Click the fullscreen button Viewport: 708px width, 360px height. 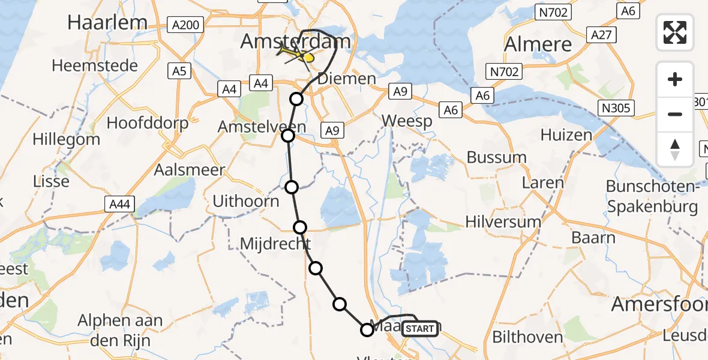pos(675,32)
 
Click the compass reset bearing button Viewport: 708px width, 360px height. pos(675,149)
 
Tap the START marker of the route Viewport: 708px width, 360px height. pos(419,329)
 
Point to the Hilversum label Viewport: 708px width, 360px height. pos(503,222)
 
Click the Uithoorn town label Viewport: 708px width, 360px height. pos(246,201)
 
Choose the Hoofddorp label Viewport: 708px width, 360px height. pos(148,123)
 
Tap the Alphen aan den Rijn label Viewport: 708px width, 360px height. pos(120,329)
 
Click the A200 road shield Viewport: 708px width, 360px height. pos(187,25)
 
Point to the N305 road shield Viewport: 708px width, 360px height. pos(617,107)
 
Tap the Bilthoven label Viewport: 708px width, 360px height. pos(527,337)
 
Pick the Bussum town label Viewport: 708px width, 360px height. pos(497,158)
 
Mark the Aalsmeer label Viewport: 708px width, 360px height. pos(190,169)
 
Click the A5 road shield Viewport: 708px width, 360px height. pos(181,71)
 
